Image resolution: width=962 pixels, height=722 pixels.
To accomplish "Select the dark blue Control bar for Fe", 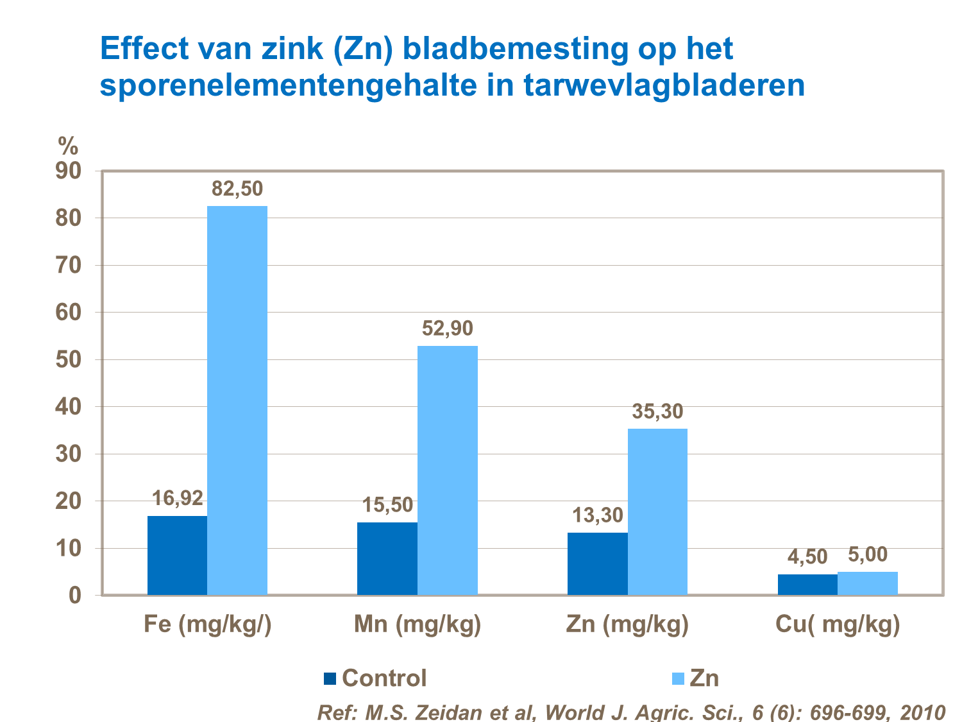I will pyautogui.click(x=177, y=555).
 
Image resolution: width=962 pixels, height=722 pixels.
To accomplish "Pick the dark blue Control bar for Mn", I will pyautogui.click(x=387, y=558).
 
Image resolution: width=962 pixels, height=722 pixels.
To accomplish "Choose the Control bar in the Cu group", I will pyautogui.click(x=807, y=584).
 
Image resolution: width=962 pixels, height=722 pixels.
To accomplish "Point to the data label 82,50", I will pyautogui.click(x=237, y=189).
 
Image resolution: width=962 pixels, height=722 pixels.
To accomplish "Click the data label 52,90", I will pyautogui.click(x=447, y=329).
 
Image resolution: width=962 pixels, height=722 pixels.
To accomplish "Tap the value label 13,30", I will pyautogui.click(x=598, y=515).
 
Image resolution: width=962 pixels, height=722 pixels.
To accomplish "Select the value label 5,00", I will pyautogui.click(x=868, y=554).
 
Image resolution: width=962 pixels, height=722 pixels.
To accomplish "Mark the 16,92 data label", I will pyautogui.click(x=177, y=498).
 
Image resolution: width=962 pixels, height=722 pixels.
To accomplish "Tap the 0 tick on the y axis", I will pyautogui.click(x=76, y=596).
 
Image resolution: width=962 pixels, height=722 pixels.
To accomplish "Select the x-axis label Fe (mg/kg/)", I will pyautogui.click(x=208, y=624).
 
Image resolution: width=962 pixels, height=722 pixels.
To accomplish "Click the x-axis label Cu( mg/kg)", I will pyautogui.click(x=838, y=624).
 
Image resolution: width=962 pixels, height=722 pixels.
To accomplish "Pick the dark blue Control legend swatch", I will pyautogui.click(x=330, y=678).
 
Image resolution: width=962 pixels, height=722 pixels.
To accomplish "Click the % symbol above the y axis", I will pyautogui.click(x=68, y=146).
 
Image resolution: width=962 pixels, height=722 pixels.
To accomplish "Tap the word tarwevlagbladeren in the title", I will pyautogui.click(x=664, y=86).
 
